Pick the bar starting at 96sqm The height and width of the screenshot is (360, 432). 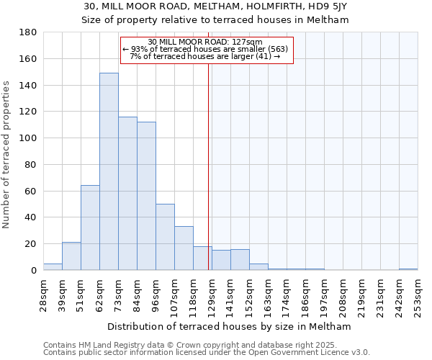[165, 237]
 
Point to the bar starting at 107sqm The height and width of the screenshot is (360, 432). [184, 248]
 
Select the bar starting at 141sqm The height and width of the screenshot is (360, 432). [240, 260]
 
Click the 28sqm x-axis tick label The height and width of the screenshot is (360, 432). [44, 294]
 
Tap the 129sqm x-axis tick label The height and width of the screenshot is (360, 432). [212, 294]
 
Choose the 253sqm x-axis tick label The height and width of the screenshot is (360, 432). [418, 294]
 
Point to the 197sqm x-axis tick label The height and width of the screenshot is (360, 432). [324, 294]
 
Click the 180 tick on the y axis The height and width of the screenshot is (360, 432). [28, 32]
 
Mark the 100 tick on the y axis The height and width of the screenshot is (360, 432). [28, 138]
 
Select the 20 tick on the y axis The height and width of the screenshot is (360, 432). [31, 244]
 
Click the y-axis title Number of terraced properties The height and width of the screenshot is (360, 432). [6, 155]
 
